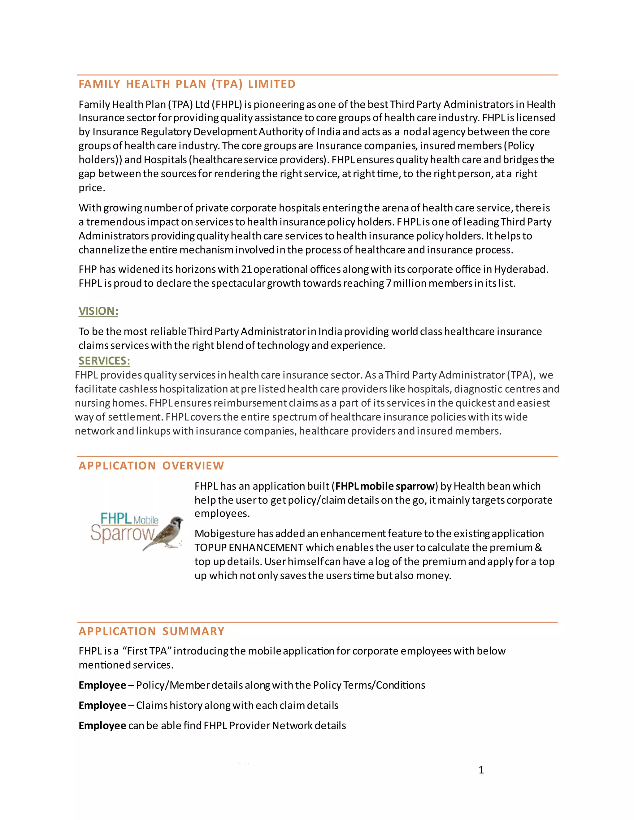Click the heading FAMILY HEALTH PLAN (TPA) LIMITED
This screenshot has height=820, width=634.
pyautogui.click(x=187, y=84)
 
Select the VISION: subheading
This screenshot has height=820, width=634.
pyautogui.click(x=98, y=311)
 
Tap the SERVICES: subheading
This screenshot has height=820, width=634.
pyautogui.click(x=104, y=360)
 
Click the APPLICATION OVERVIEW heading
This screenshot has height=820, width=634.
pyautogui.click(x=151, y=466)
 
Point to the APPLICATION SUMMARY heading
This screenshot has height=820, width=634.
pyautogui.click(x=151, y=631)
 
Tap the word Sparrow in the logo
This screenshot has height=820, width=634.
pyautogui.click(x=122, y=533)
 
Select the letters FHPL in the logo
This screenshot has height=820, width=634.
pyautogui.click(x=116, y=519)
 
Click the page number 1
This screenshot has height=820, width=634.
pyautogui.click(x=481, y=770)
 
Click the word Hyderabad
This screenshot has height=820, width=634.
pyautogui.click(x=521, y=269)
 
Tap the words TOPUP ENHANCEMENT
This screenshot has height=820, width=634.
pyautogui.click(x=249, y=547)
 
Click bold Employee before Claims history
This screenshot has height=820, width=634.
pyautogui.click(x=102, y=706)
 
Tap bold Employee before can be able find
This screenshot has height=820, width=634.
pyautogui.click(x=102, y=726)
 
